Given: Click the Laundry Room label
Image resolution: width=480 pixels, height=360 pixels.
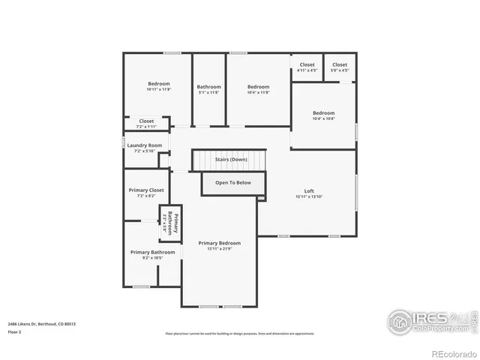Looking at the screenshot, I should click(x=145, y=145).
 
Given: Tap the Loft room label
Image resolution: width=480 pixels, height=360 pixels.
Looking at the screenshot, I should click(x=308, y=190).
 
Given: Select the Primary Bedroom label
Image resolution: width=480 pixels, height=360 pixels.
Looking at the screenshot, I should click(x=219, y=243).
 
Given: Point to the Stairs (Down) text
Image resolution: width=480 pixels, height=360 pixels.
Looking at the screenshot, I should click(x=231, y=160).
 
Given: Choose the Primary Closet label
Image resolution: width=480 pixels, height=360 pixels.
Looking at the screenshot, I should click(x=146, y=190).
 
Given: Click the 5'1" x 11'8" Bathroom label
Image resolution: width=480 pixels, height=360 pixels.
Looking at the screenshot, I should click(x=208, y=87).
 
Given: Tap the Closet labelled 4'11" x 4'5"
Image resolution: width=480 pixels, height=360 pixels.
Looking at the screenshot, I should click(x=307, y=65).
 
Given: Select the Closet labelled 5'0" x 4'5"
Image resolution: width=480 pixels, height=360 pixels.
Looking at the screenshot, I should click(x=340, y=65).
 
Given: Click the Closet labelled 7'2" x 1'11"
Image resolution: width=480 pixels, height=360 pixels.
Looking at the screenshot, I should click(x=146, y=121).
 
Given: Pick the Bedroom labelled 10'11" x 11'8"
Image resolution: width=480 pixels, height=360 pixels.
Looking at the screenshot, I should click(x=158, y=84).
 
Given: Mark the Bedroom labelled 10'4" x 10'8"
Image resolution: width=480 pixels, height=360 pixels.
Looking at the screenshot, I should click(x=323, y=113).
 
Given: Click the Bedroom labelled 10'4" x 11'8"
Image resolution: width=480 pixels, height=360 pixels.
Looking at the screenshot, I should click(x=258, y=87).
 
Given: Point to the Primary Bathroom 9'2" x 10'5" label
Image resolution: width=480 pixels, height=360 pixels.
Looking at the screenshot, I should click(x=152, y=253).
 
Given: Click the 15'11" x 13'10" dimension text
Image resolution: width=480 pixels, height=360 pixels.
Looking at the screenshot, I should click(x=308, y=196).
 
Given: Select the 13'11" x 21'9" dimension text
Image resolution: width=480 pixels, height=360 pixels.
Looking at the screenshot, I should click(x=219, y=249).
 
